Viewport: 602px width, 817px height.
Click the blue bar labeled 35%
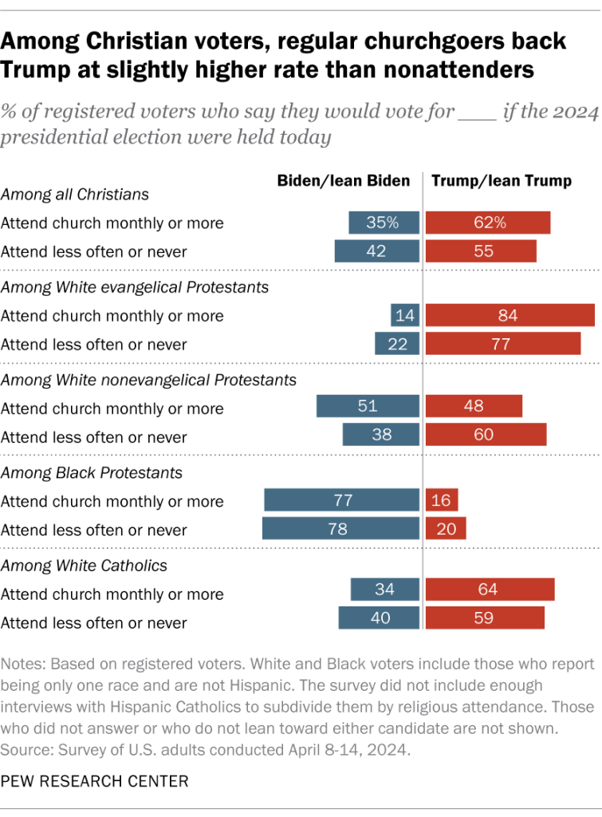point(384,223)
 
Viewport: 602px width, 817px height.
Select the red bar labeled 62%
point(488,223)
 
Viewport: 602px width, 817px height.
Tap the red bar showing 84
point(510,315)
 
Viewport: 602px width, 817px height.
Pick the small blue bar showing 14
point(405,315)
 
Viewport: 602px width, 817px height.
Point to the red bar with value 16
point(442,501)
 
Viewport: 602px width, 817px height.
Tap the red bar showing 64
point(490,590)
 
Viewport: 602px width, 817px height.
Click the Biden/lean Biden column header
point(343,181)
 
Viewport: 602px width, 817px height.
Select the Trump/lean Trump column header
point(502,181)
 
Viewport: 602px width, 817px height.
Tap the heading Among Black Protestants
point(92,472)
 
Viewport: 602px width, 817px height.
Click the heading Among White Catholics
point(84,565)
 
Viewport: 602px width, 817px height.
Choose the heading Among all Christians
point(75,194)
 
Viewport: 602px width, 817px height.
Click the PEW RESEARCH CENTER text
point(95,781)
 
